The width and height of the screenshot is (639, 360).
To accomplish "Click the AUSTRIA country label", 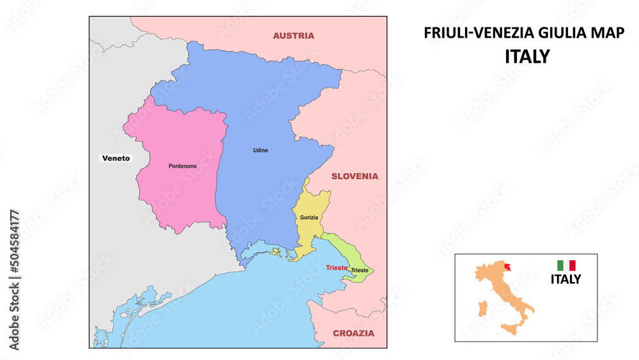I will click(x=293, y=36).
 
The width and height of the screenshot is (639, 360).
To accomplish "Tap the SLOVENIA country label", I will click(x=354, y=176).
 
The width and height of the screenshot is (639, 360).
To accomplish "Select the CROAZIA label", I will click(x=353, y=333).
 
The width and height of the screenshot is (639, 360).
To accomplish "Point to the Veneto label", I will click(x=116, y=158).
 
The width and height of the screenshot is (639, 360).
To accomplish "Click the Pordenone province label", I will click(x=183, y=166).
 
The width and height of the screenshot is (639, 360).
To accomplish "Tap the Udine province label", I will click(x=261, y=150).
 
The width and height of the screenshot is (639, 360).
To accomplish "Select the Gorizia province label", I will click(x=309, y=218).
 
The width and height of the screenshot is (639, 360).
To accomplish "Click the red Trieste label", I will click(x=336, y=267).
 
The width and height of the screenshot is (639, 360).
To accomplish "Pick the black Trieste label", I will click(x=359, y=270).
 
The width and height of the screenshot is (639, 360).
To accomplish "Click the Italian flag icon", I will click(x=566, y=265).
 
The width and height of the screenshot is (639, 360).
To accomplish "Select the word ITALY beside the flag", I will click(x=566, y=279).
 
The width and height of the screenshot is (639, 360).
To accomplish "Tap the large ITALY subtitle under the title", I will click(x=527, y=56).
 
